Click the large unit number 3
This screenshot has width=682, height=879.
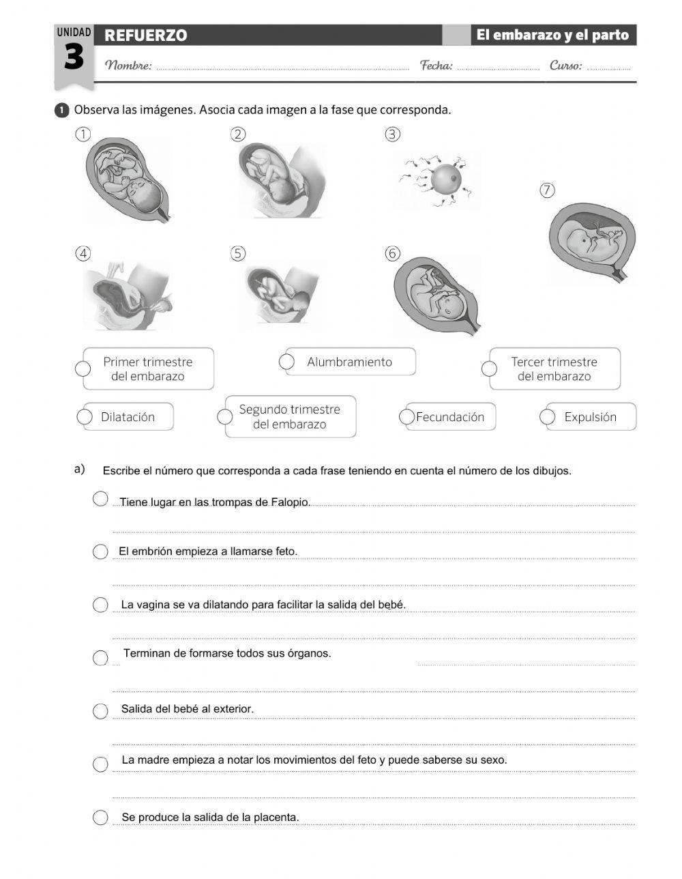pos(74,59)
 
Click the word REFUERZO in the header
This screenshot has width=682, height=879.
pos(146,35)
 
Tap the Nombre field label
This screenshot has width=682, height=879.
pos(128,66)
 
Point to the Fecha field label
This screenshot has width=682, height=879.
pos(436,66)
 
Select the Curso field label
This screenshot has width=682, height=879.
pos(566,66)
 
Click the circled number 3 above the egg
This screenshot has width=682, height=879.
pos(392,134)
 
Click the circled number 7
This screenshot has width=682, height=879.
pos(547,190)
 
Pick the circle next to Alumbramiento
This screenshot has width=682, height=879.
pos(287,362)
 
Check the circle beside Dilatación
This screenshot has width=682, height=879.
pos(85,416)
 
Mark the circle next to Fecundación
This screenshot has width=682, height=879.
pos(407,416)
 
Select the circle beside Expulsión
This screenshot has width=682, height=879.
pos(548,416)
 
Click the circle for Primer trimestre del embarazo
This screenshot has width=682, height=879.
pos(83,369)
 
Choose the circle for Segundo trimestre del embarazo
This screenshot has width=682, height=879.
pos(225,416)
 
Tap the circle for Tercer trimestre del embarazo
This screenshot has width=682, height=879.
pos(489,369)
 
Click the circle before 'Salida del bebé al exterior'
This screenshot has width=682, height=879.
pos(100,710)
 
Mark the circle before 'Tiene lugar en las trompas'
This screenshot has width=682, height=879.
pos(100,499)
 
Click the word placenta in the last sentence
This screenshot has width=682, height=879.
pos(277,818)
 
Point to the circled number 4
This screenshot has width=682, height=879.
pos(83,254)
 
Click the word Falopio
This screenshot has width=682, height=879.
pos(290,502)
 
